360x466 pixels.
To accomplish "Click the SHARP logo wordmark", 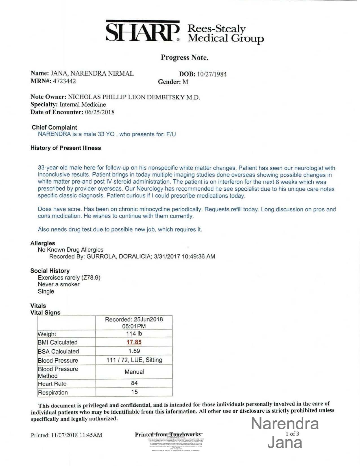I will click(x=143, y=32).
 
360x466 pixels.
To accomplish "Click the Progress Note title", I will click(x=185, y=58).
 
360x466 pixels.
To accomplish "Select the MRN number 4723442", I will click(x=64, y=81).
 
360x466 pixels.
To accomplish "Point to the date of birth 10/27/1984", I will click(x=212, y=74).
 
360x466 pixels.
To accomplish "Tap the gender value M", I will click(x=185, y=82).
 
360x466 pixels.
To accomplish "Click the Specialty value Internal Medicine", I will click(x=82, y=104).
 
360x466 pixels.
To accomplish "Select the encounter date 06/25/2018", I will click(x=100, y=112).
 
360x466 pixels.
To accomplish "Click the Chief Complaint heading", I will click(x=54, y=127).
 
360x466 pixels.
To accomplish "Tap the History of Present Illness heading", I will click(x=66, y=148).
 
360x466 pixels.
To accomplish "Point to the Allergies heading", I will click(x=43, y=243).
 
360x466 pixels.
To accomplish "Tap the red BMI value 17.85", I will click(x=134, y=342).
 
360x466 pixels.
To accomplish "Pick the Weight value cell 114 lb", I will click(x=134, y=334).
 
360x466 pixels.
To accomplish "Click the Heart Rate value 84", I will click(x=134, y=383).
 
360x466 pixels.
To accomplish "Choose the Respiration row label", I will click(x=53, y=393).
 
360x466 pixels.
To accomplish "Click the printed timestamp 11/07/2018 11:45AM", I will click(x=77, y=435).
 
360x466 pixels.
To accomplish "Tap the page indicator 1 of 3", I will click(x=292, y=434).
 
